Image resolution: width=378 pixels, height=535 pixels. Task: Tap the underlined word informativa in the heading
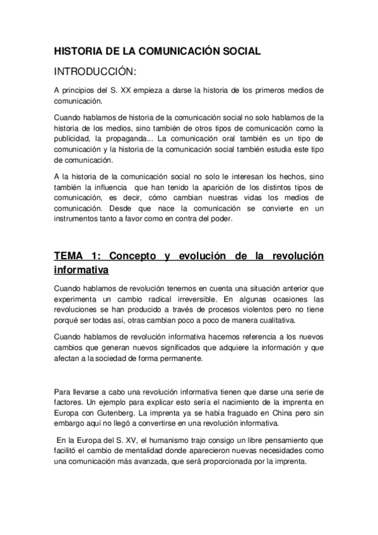click(81, 271)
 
